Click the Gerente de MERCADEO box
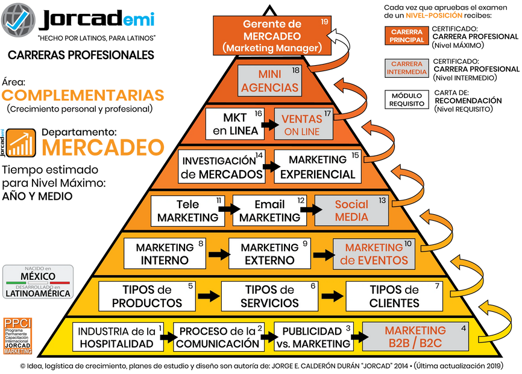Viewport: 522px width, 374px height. point(272,36)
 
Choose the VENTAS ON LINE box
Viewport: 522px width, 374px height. point(305,124)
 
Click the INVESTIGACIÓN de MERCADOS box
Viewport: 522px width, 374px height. point(222,167)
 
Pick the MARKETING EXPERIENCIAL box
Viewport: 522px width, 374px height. point(318,167)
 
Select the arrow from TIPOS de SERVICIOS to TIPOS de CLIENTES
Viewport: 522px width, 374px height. point(332,296)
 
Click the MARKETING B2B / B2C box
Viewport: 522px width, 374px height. point(415,337)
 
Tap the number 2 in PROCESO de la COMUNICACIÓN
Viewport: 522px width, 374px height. point(260,328)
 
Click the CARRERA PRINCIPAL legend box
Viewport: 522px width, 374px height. point(407,36)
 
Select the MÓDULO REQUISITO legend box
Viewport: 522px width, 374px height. point(407,100)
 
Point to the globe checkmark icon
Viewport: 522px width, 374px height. point(19,20)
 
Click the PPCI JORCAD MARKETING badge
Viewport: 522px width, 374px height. point(17,335)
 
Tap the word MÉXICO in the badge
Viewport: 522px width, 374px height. point(37,276)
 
